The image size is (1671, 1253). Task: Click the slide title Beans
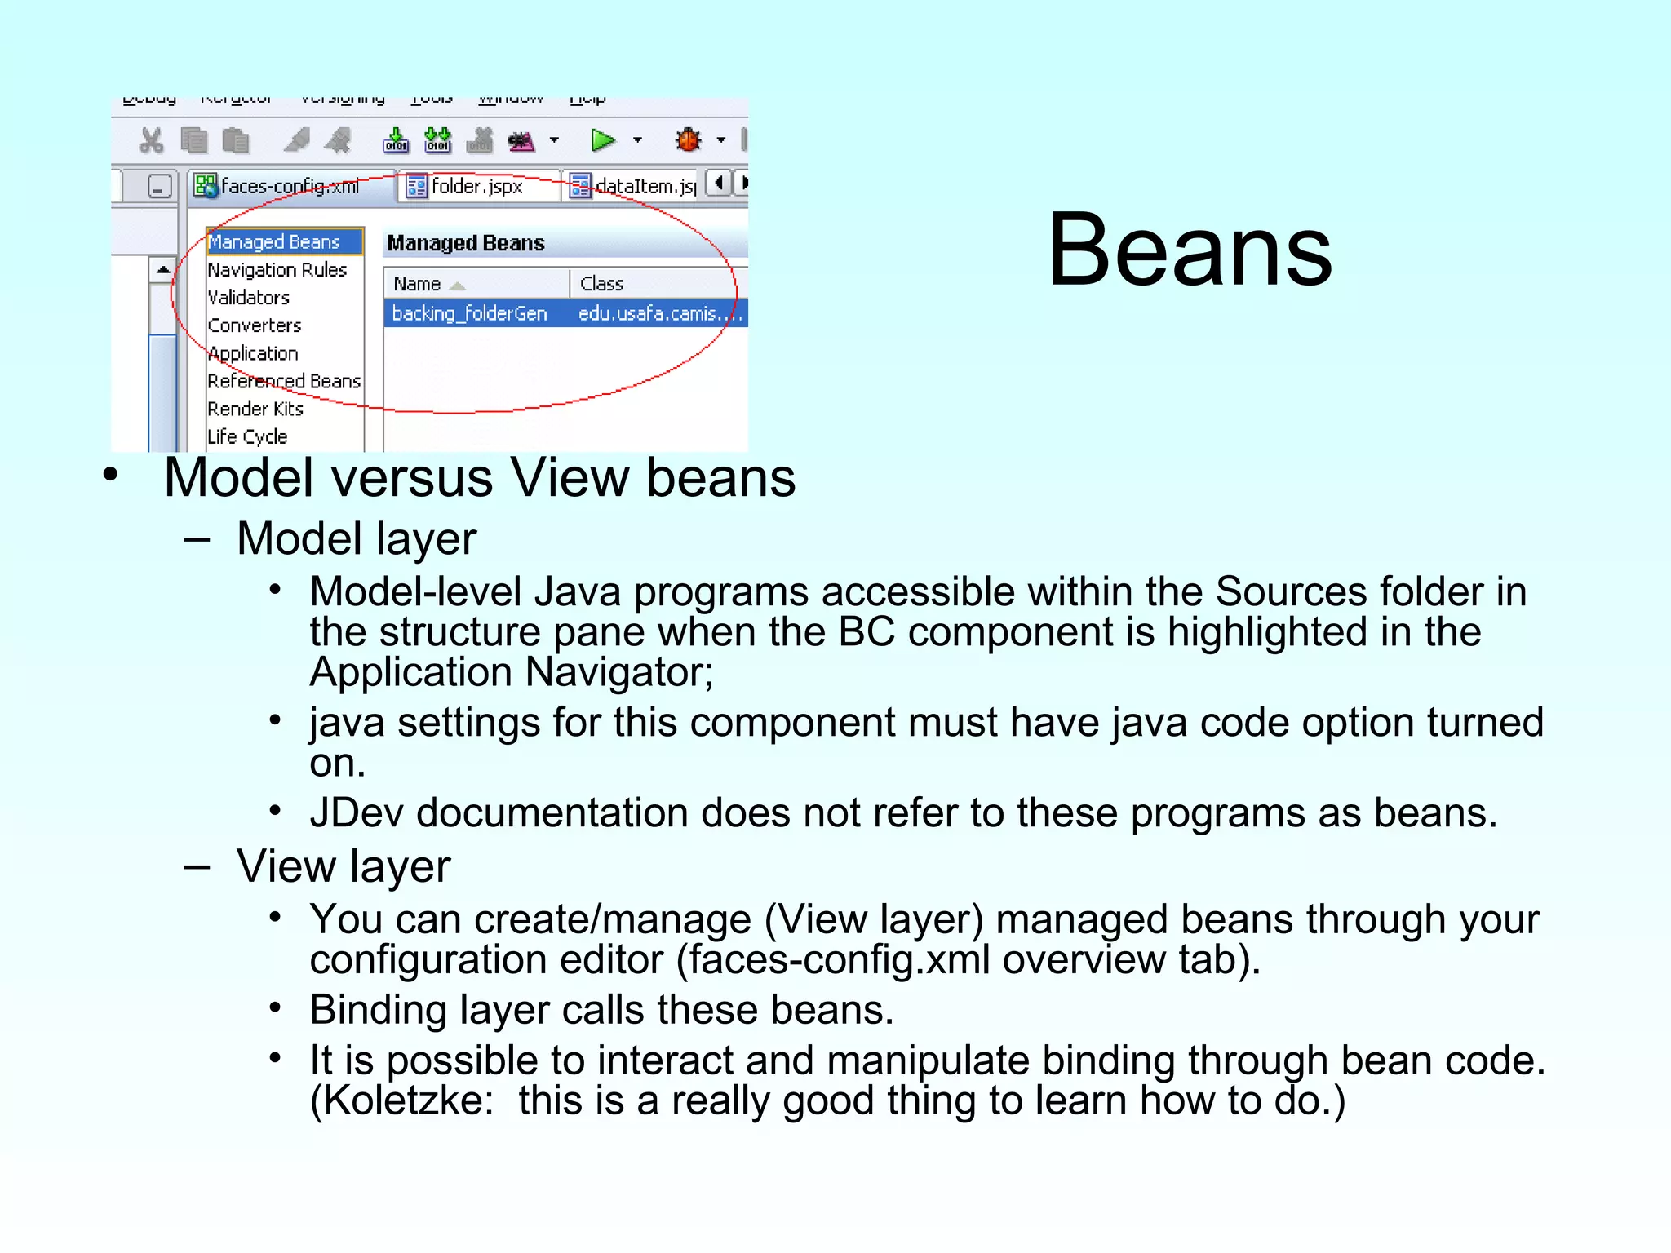[x=1190, y=250]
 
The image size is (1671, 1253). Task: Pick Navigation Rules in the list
[x=277, y=270]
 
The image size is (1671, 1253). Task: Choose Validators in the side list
[x=249, y=298]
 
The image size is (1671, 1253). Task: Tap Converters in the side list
[x=255, y=325]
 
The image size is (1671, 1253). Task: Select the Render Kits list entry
[x=255, y=409]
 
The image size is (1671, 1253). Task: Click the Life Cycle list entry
[x=247, y=436]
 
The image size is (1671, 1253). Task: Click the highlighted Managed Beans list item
[x=274, y=242]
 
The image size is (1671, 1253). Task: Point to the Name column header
[x=417, y=284]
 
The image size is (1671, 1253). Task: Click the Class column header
[x=602, y=284]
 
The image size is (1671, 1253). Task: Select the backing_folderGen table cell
[x=469, y=313]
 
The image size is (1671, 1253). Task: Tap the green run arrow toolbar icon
[x=602, y=140]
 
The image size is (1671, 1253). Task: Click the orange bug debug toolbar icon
[x=689, y=140]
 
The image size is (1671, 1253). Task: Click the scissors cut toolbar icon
[x=151, y=141]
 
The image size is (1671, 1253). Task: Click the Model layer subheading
[x=357, y=539]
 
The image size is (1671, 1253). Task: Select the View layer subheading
[x=344, y=866]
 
